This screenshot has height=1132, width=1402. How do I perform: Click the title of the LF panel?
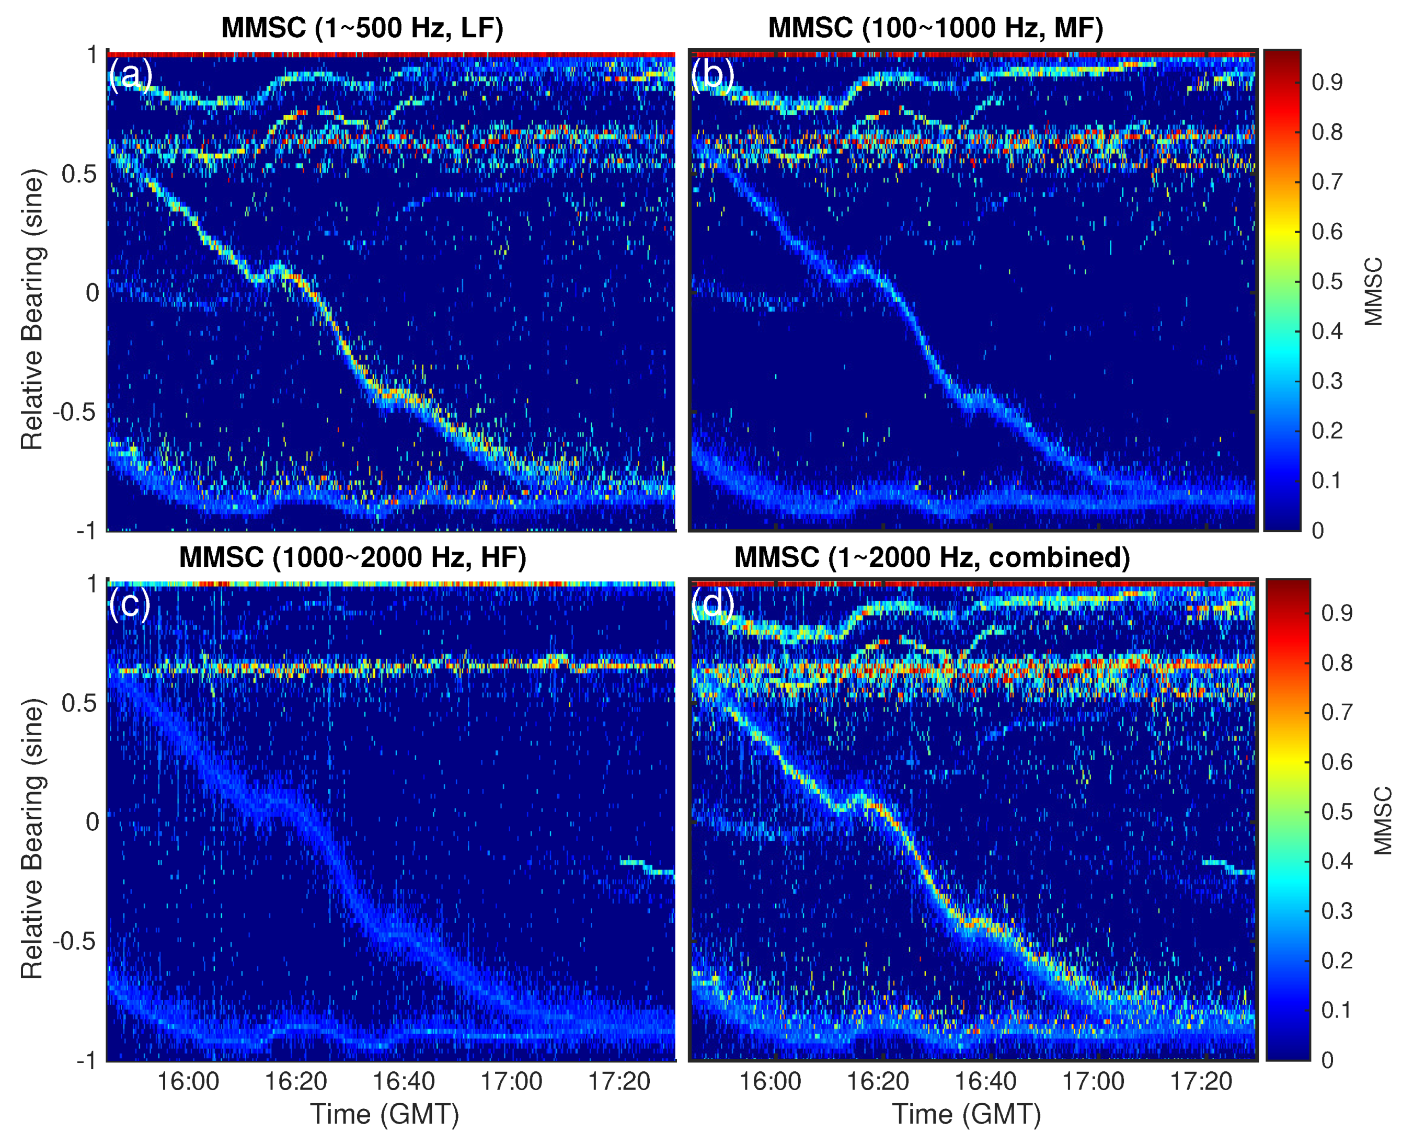point(362,28)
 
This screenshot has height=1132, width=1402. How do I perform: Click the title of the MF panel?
point(935,28)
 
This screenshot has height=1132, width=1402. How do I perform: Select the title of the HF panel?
point(353,557)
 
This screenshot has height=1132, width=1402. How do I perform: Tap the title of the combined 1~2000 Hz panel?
point(932,557)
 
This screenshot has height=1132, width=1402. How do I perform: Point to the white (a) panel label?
point(130,75)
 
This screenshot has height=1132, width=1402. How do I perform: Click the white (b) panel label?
point(713,75)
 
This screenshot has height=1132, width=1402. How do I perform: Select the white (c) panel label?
point(130,604)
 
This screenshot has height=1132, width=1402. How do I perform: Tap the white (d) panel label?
point(713,604)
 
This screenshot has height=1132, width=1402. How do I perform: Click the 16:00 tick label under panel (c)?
point(188,1082)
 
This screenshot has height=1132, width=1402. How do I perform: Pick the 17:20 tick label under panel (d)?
point(1201,1082)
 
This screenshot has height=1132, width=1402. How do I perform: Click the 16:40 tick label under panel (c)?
point(404,1082)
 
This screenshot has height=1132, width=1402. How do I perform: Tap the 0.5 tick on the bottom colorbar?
point(1336,812)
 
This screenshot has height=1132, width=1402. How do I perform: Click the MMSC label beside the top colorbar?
point(1373,291)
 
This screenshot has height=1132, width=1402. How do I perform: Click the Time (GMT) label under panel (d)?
point(966,1114)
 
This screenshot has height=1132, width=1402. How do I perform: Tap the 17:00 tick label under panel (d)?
point(1093,1082)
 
